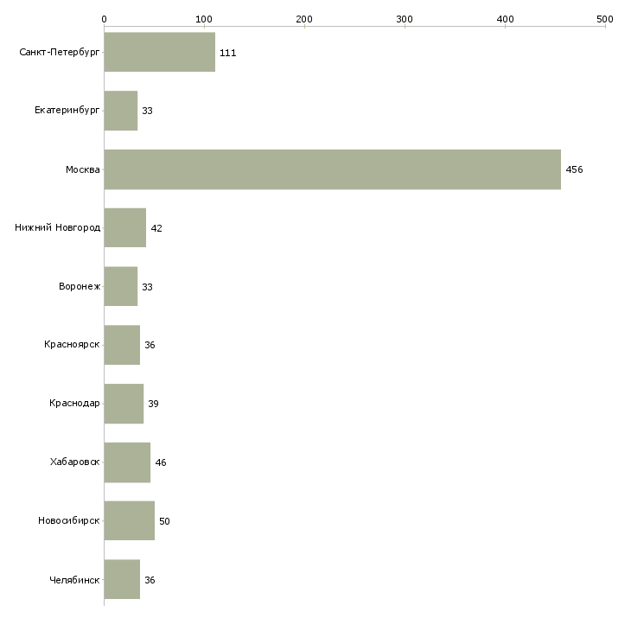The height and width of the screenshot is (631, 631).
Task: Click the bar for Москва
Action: pyautogui.click(x=333, y=169)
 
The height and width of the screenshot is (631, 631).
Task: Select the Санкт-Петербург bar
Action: pyautogui.click(x=160, y=52)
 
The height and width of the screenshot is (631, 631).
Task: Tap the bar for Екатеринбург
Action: pyautogui.click(x=121, y=111)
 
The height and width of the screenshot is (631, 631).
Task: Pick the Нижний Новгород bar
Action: pyautogui.click(x=125, y=228)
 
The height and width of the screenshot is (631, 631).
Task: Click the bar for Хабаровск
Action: pyautogui.click(x=127, y=462)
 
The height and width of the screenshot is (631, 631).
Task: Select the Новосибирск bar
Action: pyautogui.click(x=129, y=520)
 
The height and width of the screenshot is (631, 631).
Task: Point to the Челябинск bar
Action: pyautogui.click(x=122, y=579)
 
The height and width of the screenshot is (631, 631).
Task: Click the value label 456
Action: pyautogui.click(x=574, y=169)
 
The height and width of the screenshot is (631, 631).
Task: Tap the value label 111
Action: pyautogui.click(x=228, y=53)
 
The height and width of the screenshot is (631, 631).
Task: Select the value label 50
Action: pyautogui.click(x=164, y=521)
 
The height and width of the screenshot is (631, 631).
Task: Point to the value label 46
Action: pyautogui.click(x=161, y=462)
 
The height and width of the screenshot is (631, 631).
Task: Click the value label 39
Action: pyautogui.click(x=153, y=404)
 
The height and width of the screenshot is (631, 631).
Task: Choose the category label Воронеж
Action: pyautogui.click(x=80, y=286)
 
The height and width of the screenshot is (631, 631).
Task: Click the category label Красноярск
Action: pyautogui.click(x=72, y=345)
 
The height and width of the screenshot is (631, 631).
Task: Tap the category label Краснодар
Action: pyautogui.click(x=74, y=403)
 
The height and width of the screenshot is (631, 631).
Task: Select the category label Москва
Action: pyautogui.click(x=83, y=169)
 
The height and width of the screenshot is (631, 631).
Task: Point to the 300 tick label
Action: pyautogui.click(x=405, y=19)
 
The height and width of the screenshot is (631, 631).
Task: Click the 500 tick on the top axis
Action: pyautogui.click(x=605, y=27)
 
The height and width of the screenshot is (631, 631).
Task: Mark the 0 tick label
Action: pyautogui.click(x=105, y=19)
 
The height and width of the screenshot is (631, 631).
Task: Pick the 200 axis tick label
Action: pyautogui.click(x=304, y=19)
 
